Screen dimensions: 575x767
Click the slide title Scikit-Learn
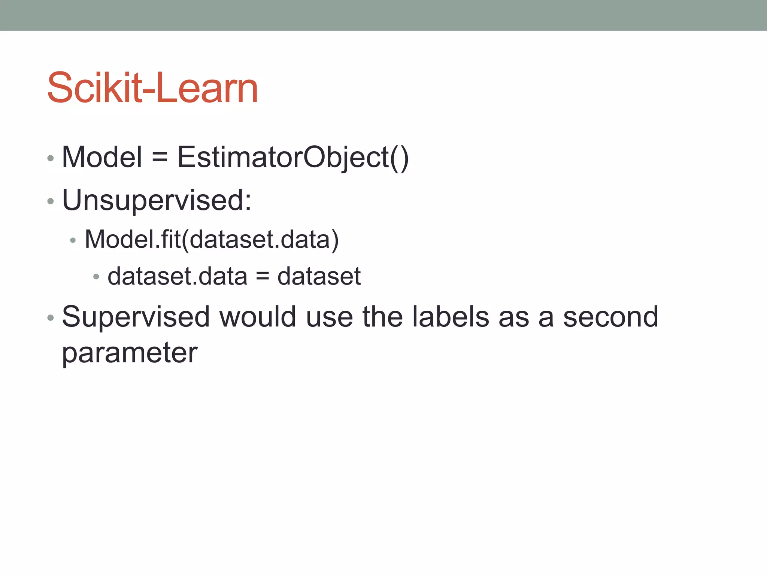152,88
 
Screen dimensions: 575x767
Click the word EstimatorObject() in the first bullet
293,157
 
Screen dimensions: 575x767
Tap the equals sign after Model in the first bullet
160,157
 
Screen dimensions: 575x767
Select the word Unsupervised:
157,201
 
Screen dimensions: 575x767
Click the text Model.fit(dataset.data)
212,240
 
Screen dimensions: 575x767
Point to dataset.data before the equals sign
177,277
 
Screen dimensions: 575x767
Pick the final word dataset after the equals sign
319,277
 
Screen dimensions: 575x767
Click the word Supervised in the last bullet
136,317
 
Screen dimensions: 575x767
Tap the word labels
451,317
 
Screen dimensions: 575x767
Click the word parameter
130,353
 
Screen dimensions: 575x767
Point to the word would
258,317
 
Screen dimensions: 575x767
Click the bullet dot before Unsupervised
51,201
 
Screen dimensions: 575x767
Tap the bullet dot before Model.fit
73,240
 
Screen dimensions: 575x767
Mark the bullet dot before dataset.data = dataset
96,277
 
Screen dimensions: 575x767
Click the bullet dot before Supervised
51,318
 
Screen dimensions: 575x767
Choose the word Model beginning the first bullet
102,157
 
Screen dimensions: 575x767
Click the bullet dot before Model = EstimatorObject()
51,158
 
